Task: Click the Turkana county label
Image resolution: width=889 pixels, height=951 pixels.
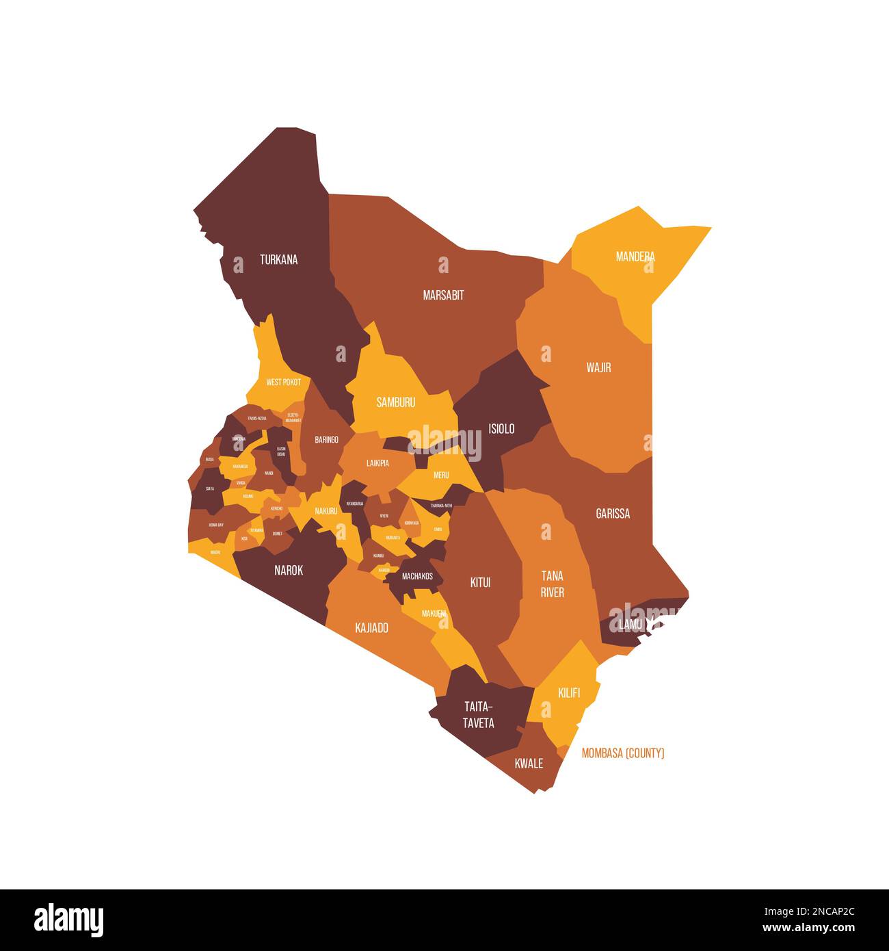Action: [278, 260]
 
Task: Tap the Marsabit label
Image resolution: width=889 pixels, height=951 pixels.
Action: [443, 296]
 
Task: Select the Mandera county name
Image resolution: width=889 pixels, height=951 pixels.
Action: [635, 257]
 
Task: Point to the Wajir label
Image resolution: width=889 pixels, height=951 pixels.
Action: [598, 368]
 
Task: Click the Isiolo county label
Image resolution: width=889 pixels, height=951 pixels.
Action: [501, 429]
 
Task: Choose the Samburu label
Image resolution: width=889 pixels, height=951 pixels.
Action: [396, 402]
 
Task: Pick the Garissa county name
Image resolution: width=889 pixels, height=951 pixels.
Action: [613, 514]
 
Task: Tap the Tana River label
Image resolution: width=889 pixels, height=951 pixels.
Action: [553, 584]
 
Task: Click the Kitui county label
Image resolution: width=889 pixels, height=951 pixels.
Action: [481, 583]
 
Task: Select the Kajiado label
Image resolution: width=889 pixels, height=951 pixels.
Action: [372, 627]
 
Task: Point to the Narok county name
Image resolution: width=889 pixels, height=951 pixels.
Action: [289, 570]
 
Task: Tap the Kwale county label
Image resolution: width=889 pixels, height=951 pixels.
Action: [529, 764]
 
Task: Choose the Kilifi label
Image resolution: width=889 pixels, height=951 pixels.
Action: [569, 693]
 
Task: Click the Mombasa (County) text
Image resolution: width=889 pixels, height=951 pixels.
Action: [623, 753]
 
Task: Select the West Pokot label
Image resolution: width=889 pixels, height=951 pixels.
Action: [283, 382]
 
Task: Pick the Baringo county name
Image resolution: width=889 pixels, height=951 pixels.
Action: [326, 440]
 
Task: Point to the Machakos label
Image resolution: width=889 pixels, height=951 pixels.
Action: [417, 576]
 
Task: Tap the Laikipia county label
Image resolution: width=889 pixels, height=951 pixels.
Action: [377, 463]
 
